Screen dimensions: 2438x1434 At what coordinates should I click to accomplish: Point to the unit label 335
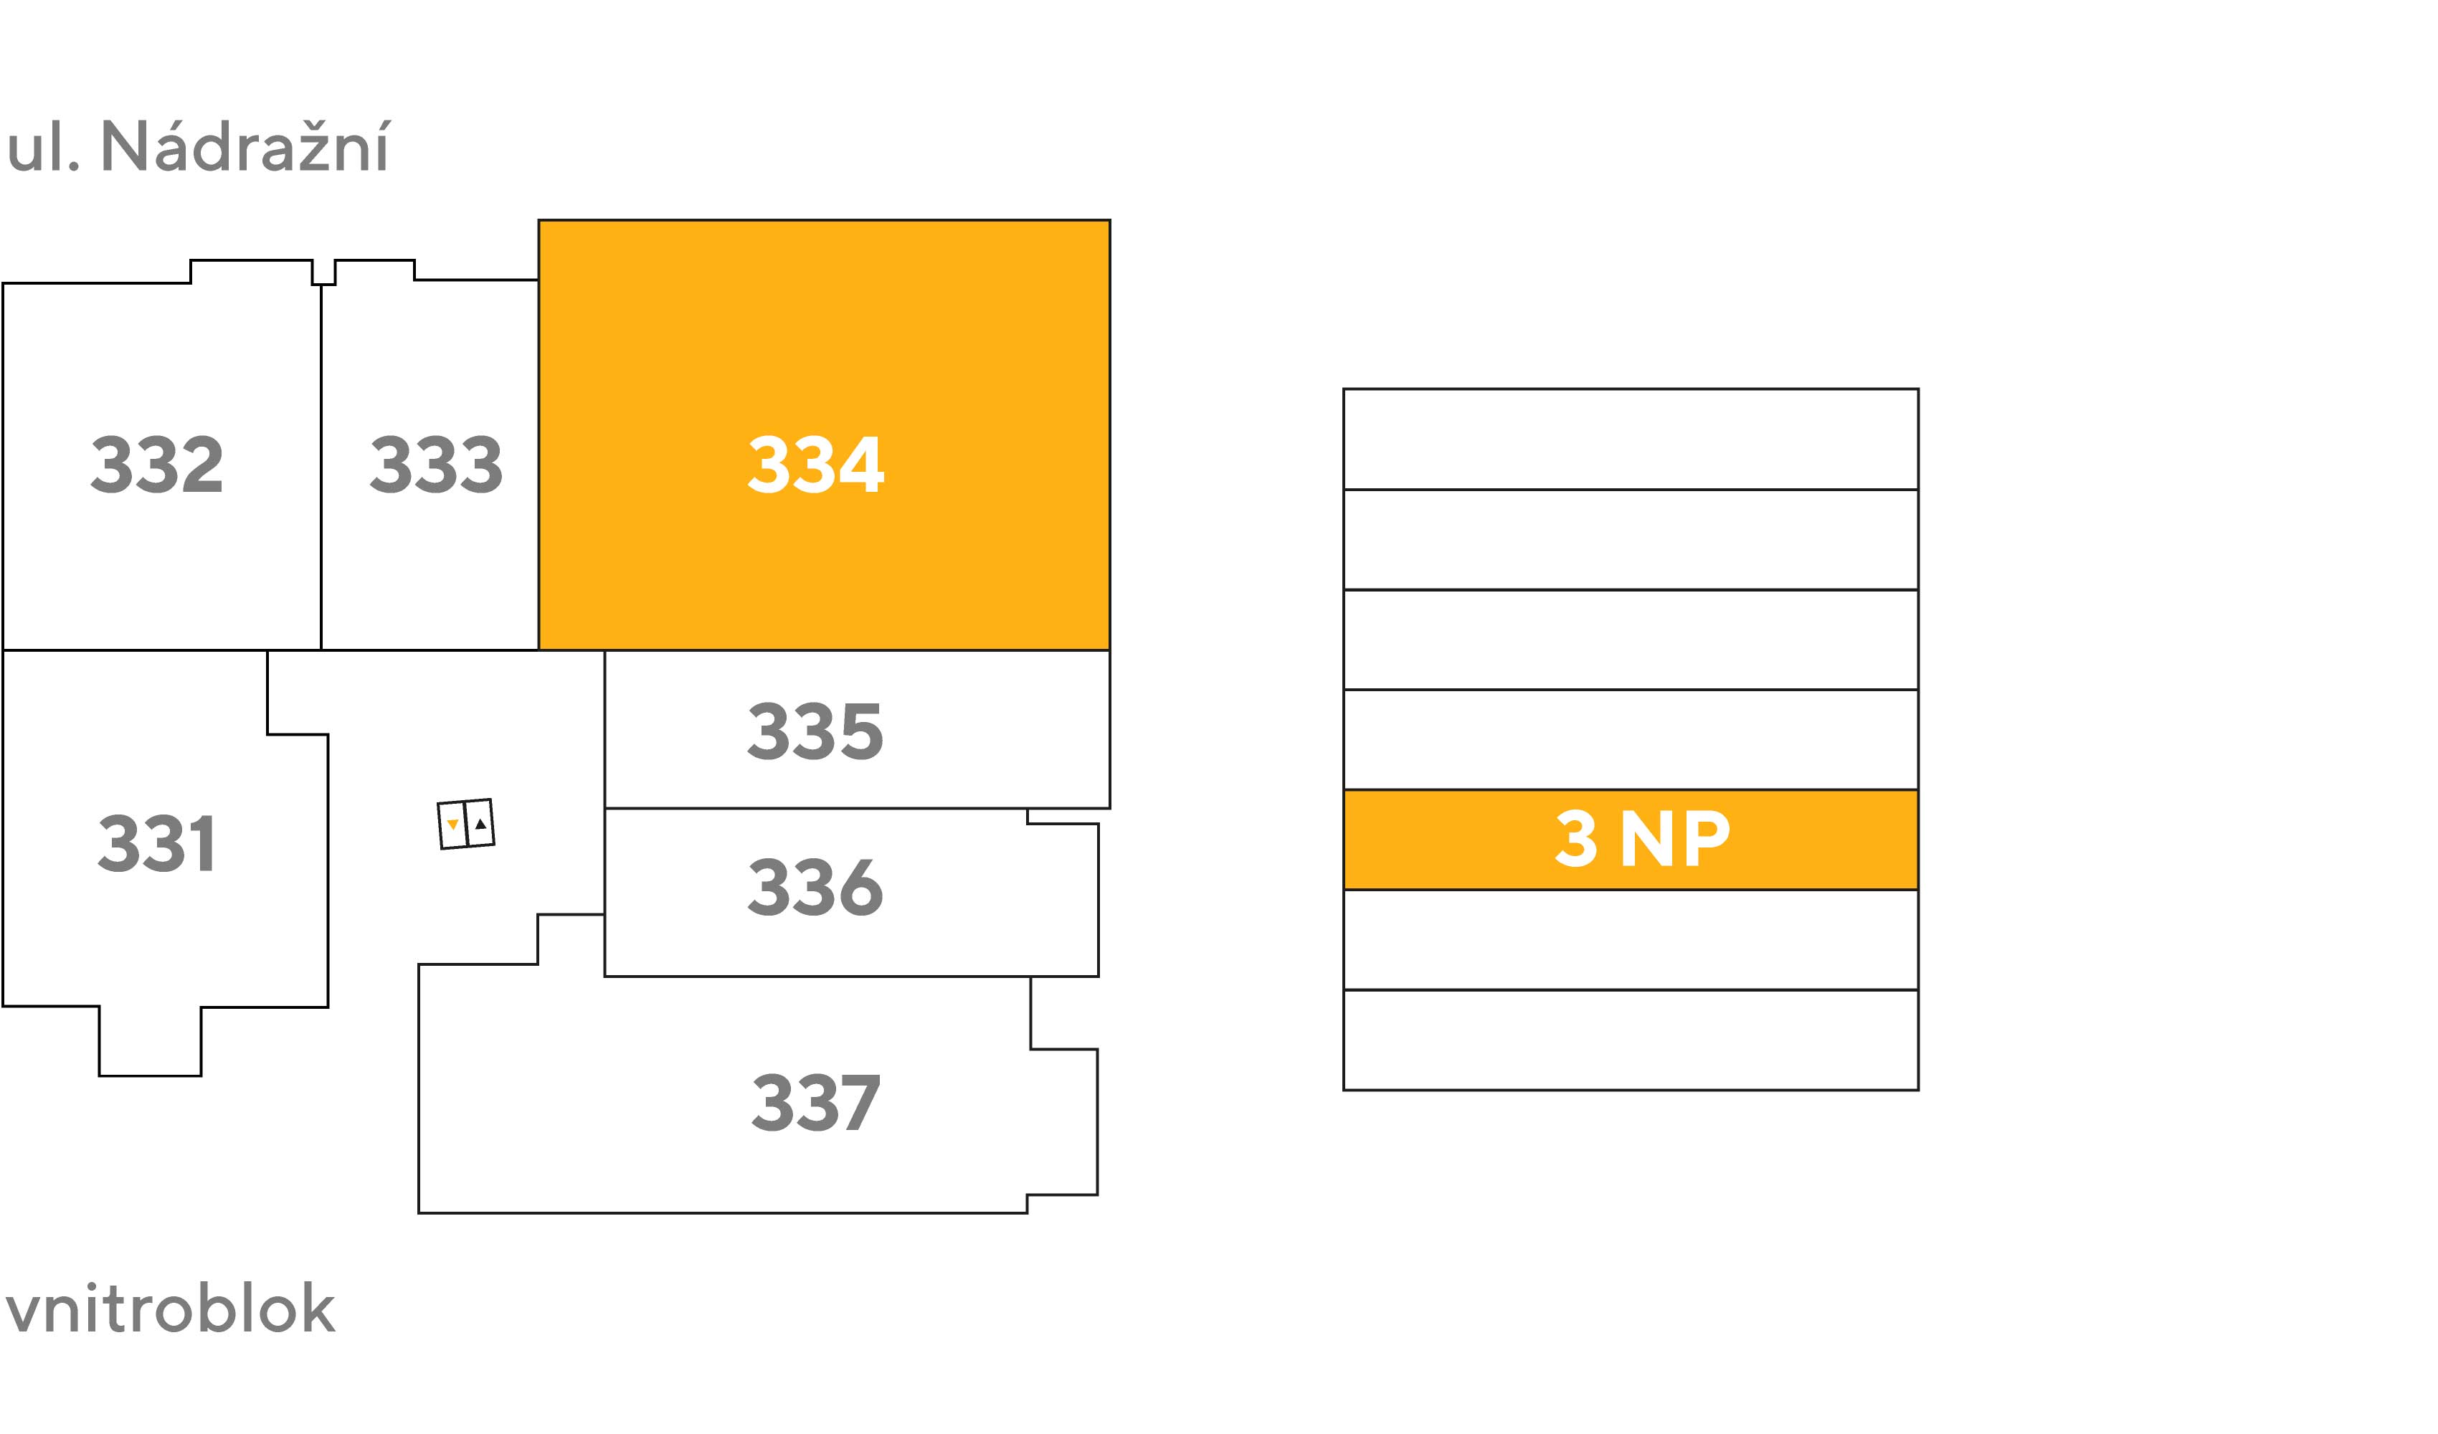[815, 731]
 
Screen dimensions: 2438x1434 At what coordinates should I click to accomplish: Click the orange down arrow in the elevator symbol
[452, 825]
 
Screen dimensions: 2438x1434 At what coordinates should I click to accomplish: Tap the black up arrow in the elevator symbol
[481, 823]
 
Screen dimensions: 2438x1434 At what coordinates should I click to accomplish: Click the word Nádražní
[246, 147]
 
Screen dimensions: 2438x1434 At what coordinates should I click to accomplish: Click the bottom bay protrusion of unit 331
[150, 1041]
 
